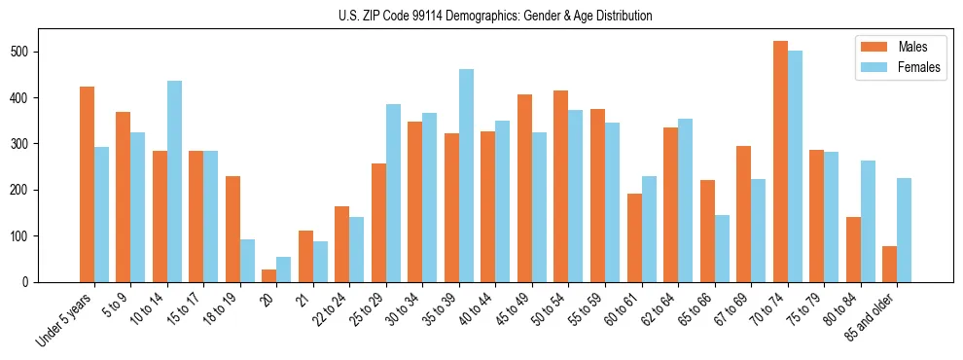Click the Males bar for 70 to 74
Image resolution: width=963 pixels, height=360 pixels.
coord(780,162)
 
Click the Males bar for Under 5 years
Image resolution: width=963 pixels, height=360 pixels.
coord(87,184)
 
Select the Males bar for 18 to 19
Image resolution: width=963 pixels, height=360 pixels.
coord(232,229)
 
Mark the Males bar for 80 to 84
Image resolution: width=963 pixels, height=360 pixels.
coord(853,249)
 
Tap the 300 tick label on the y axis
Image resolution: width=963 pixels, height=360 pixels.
coord(27,144)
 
